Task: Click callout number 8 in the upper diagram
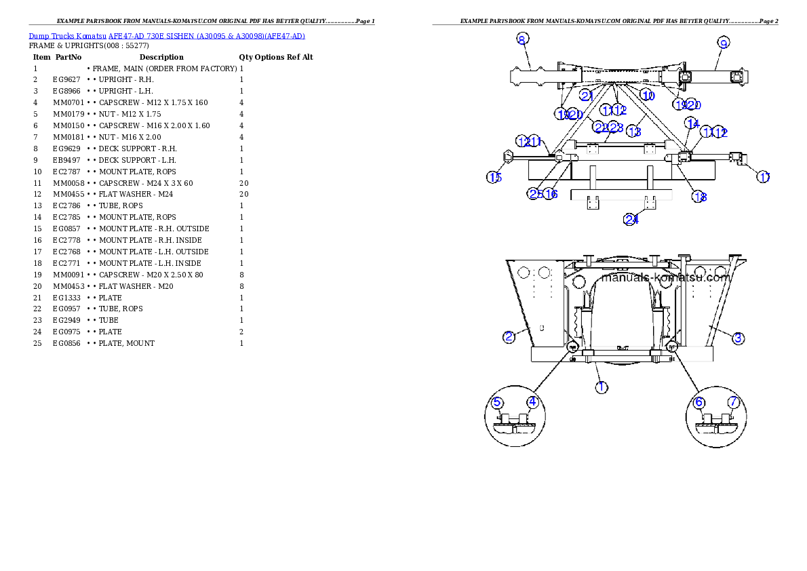521,39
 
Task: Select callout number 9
724,43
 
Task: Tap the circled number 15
494,178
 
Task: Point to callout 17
764,177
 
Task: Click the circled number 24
631,219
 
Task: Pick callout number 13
634,130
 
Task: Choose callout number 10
648,96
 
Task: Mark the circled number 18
699,197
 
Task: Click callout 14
692,123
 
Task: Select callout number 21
587,96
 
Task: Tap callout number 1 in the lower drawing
602,387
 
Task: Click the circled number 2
509,336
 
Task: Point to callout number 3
739,337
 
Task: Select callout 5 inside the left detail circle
498,402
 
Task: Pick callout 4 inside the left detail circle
532,402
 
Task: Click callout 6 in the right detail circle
699,402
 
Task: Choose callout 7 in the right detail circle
733,402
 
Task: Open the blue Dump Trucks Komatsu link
167,36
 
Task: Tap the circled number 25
535,194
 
